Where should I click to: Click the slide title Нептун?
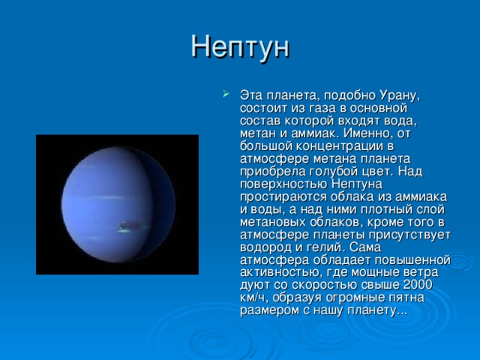click(x=240, y=47)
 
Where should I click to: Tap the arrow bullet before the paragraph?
click(x=226, y=93)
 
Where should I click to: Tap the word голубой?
click(x=337, y=172)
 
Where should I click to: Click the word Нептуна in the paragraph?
click(x=357, y=184)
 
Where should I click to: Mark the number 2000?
click(x=418, y=284)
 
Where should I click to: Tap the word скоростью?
click(x=324, y=285)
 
